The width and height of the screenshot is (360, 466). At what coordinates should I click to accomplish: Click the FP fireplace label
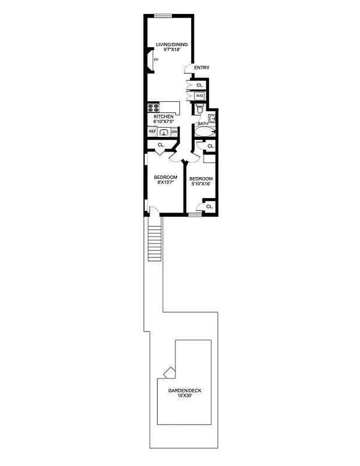click(x=156, y=60)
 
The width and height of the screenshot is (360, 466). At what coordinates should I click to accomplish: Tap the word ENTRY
click(x=202, y=68)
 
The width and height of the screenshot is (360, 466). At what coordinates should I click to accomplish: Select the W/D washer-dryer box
click(x=199, y=96)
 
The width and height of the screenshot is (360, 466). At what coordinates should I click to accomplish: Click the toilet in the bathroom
click(x=199, y=110)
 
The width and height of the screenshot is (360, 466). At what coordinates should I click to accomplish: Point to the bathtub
click(x=204, y=133)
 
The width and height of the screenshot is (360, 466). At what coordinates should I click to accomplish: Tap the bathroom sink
click(x=213, y=119)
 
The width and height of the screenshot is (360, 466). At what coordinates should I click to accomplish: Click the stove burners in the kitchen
click(x=154, y=107)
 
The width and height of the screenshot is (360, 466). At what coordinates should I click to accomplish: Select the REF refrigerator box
click(x=153, y=132)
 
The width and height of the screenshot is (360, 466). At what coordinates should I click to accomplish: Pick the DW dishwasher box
click(x=174, y=132)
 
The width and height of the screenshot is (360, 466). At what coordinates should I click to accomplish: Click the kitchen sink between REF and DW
click(x=163, y=132)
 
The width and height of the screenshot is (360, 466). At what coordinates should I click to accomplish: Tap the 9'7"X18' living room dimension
click(x=167, y=50)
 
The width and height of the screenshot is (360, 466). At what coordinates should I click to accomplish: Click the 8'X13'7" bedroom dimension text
click(x=165, y=183)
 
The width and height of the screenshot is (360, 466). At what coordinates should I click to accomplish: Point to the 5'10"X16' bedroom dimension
click(x=201, y=184)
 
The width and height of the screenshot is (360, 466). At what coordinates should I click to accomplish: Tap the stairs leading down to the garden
click(x=154, y=244)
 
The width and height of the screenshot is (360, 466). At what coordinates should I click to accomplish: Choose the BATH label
click(x=203, y=123)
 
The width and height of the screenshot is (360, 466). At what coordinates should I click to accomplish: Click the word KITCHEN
click(x=164, y=116)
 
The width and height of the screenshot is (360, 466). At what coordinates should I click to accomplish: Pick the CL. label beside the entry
click(x=199, y=85)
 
